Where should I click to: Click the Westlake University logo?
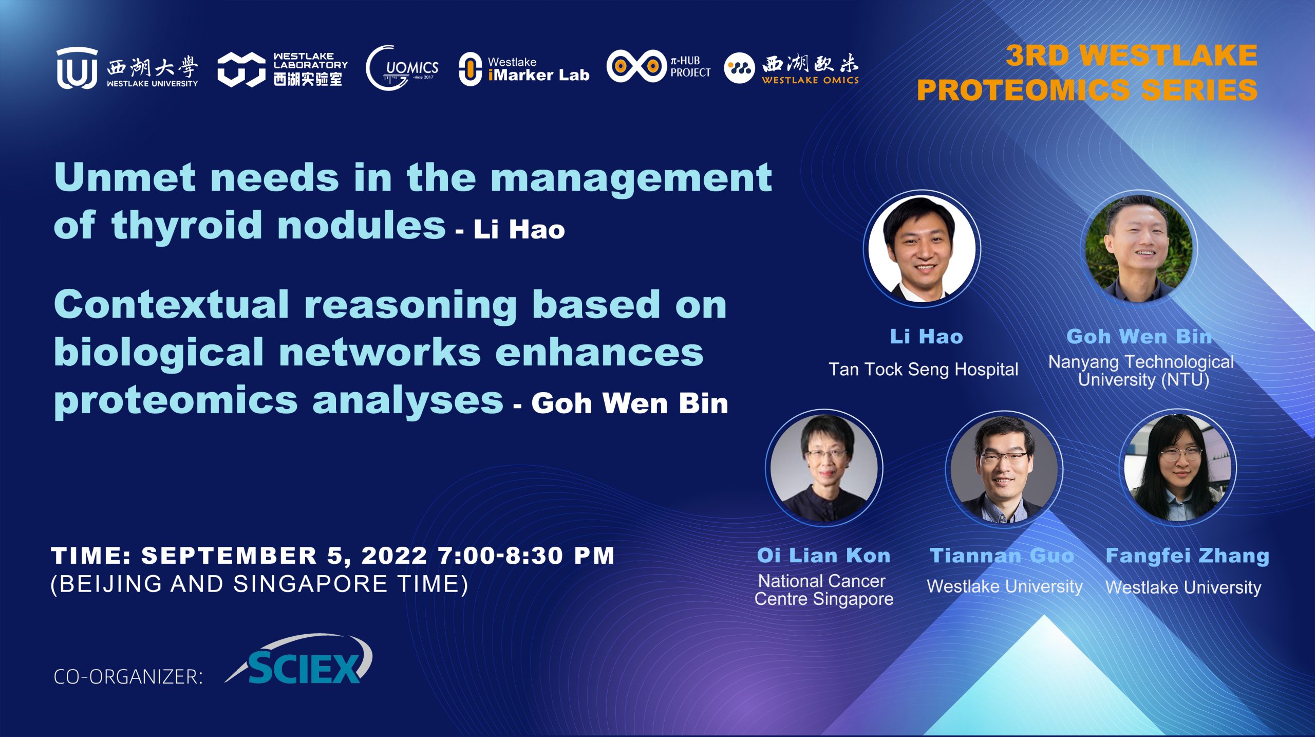pyautogui.click(x=127, y=68)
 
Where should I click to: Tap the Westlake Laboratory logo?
pyautogui.click(x=283, y=69)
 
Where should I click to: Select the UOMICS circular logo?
pyautogui.click(x=402, y=68)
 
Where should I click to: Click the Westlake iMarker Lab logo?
pyautogui.click(x=524, y=69)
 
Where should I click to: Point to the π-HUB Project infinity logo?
pyautogui.click(x=659, y=66)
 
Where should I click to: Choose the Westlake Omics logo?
pyautogui.click(x=791, y=68)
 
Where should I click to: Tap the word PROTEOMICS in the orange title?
pyautogui.click(x=1023, y=90)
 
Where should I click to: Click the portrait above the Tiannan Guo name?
pyautogui.click(x=1004, y=469)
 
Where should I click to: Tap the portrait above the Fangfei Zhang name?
pyautogui.click(x=1178, y=468)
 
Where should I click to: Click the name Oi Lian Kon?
pyautogui.click(x=824, y=556)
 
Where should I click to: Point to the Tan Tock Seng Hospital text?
pyautogui.click(x=924, y=370)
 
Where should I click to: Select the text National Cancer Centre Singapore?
pyautogui.click(x=824, y=590)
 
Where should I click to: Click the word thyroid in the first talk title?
pyautogui.click(x=186, y=225)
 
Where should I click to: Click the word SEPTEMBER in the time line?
pyautogui.click(x=229, y=556)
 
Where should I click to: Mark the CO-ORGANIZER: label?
pyautogui.click(x=128, y=677)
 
